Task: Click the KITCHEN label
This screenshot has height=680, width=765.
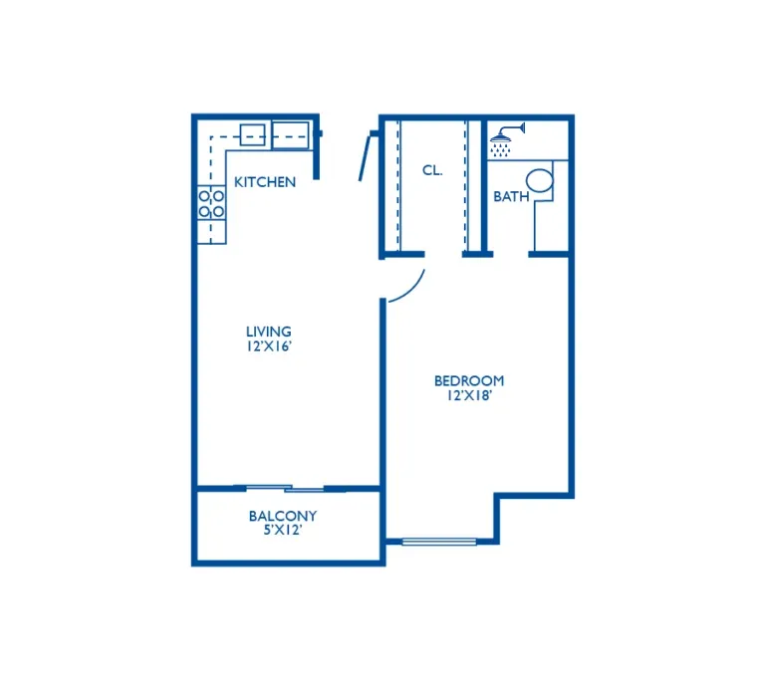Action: click(x=265, y=182)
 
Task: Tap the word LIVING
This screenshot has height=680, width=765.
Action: click(x=269, y=332)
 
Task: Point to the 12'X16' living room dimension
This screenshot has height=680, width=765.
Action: click(x=269, y=346)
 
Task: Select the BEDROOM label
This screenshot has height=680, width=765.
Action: click(x=469, y=380)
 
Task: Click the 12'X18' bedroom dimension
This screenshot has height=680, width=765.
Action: click(x=469, y=395)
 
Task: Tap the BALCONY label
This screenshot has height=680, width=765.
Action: click(x=283, y=516)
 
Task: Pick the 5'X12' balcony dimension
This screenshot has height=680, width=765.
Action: click(x=283, y=530)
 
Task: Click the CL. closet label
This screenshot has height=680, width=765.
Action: click(x=432, y=170)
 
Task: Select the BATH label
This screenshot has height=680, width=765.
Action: click(x=511, y=196)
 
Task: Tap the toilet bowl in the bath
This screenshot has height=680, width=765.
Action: click(x=540, y=180)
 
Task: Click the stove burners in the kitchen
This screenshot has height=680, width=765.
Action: click(x=211, y=204)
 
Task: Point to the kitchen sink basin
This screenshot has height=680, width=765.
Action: click(x=253, y=134)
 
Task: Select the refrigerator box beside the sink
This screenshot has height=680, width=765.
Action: click(x=290, y=135)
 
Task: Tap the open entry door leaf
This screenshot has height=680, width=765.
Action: click(x=366, y=157)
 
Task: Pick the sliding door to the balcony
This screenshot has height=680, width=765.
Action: click(x=286, y=488)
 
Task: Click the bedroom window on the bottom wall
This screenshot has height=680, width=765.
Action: click(x=439, y=541)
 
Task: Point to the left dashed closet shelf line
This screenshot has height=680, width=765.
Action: click(x=398, y=185)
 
